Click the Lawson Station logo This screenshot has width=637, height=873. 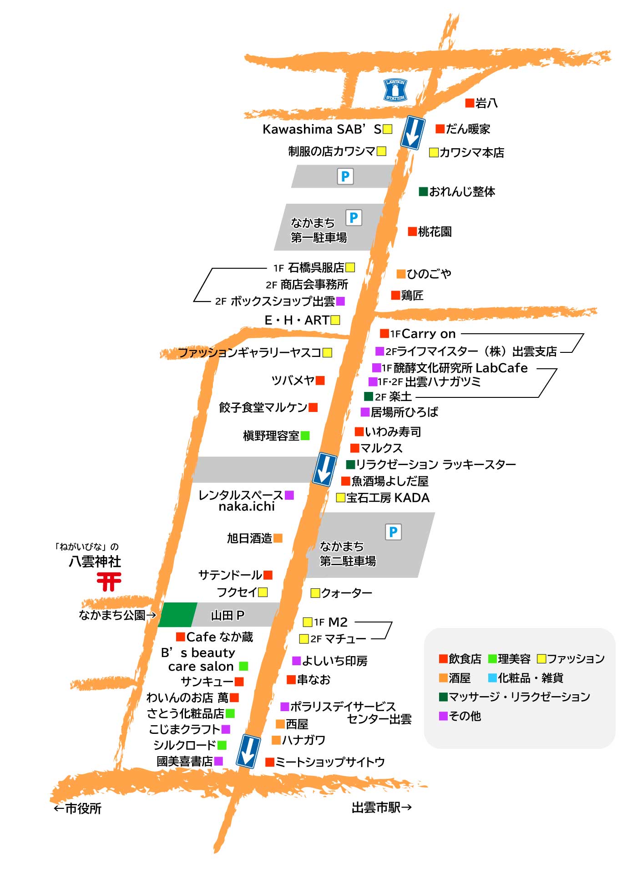[x=395, y=90]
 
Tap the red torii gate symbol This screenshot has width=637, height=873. [x=109, y=582]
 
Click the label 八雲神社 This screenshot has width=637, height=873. [x=95, y=562]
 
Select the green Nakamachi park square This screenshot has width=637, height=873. [x=177, y=615]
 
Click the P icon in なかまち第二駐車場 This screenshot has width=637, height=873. [x=394, y=532]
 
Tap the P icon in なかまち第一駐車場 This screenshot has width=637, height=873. [x=354, y=218]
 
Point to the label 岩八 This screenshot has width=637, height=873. [x=486, y=103]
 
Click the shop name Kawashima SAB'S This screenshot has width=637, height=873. [x=322, y=130]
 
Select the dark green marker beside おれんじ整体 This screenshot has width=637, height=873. [x=423, y=191]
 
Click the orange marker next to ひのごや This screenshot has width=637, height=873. [x=401, y=274]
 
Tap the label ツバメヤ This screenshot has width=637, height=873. [x=293, y=380]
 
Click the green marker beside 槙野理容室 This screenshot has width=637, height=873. [x=305, y=436]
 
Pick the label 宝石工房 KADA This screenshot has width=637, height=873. [x=388, y=498]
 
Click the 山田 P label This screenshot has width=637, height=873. [x=227, y=615]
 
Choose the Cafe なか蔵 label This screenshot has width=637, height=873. [x=220, y=637]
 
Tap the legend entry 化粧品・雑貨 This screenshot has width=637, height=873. [x=530, y=678]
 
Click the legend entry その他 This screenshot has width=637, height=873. [x=465, y=716]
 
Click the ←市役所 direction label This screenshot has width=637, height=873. [x=77, y=808]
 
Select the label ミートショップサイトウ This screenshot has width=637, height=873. [x=330, y=762]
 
